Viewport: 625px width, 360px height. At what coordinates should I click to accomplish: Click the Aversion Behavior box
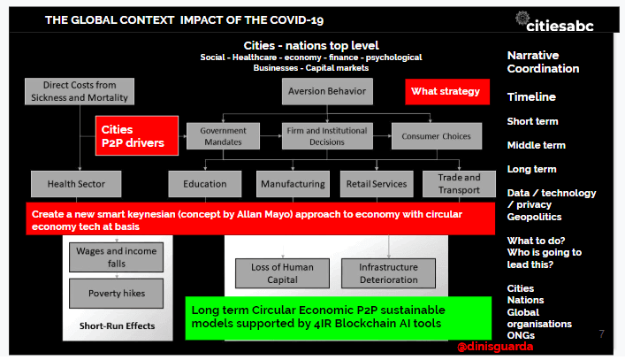pyautogui.click(x=327, y=91)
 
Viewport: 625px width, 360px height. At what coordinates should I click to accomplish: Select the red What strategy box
pyautogui.click(x=447, y=92)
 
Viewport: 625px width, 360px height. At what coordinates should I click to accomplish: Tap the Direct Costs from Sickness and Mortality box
pyautogui.click(x=80, y=91)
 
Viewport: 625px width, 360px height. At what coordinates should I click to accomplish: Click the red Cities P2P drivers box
pyautogui.click(x=137, y=135)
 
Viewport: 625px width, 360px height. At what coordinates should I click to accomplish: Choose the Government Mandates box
pyautogui.click(x=223, y=136)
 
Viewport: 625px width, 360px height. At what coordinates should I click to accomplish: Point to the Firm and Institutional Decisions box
pyautogui.click(x=327, y=136)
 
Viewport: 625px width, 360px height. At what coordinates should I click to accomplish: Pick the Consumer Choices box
pyautogui.click(x=437, y=136)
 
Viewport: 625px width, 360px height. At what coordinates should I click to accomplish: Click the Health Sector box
pyautogui.click(x=76, y=184)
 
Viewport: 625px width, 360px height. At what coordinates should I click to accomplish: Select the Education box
pyautogui.click(x=205, y=184)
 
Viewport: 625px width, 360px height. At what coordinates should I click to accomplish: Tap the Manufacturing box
pyautogui.click(x=293, y=184)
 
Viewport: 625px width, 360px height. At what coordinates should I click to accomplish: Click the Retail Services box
pyautogui.click(x=377, y=184)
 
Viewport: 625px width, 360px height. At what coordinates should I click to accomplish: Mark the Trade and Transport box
pyautogui.click(x=459, y=184)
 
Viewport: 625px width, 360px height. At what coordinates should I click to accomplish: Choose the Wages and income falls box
pyautogui.click(x=117, y=257)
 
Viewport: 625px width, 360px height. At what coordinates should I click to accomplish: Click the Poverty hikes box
pyautogui.click(x=117, y=294)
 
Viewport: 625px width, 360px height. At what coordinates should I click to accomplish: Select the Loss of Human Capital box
pyautogui.click(x=282, y=273)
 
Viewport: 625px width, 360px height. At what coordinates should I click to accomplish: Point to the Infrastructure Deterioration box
pyautogui.click(x=389, y=273)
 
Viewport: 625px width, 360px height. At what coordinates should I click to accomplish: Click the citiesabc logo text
pyautogui.click(x=560, y=26)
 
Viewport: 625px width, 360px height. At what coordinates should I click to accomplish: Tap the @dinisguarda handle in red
pyautogui.click(x=495, y=347)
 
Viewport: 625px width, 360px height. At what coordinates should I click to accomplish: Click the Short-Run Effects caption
pyautogui.click(x=118, y=326)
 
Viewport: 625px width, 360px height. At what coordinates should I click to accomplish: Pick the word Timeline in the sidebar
pyautogui.click(x=531, y=97)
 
